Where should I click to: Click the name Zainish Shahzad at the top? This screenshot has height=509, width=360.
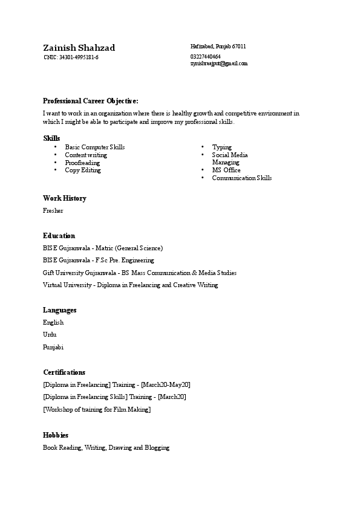pyautogui.click(x=79, y=48)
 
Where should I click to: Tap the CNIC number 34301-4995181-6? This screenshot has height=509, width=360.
pyautogui.click(x=71, y=57)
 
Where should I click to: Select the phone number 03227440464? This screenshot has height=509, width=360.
pyautogui.click(x=205, y=57)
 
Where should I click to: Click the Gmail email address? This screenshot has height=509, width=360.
pyautogui.click(x=219, y=63)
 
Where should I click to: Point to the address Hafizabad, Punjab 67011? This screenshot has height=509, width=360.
pyautogui.click(x=218, y=47)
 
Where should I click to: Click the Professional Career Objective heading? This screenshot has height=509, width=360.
pyautogui.click(x=91, y=101)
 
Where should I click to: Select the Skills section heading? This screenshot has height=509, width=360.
pyautogui.click(x=51, y=138)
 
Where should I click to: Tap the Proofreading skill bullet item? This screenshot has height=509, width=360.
pyautogui.click(x=82, y=163)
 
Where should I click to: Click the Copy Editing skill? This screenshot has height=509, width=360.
pyautogui.click(x=83, y=170)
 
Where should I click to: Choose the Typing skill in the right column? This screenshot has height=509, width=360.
pyautogui.click(x=221, y=148)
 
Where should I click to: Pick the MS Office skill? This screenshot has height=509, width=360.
pyautogui.click(x=226, y=170)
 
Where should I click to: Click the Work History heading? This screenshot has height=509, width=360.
pyautogui.click(x=65, y=198)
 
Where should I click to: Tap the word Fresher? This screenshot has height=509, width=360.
pyautogui.click(x=53, y=211)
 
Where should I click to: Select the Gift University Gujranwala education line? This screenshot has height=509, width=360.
pyautogui.click(x=140, y=273)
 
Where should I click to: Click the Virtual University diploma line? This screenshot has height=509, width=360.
pyautogui.click(x=130, y=285)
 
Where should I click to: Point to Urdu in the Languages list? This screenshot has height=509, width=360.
pyautogui.click(x=50, y=335)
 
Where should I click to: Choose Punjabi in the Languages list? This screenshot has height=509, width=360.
pyautogui.click(x=53, y=348)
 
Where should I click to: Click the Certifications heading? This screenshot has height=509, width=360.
pyautogui.click(x=64, y=372)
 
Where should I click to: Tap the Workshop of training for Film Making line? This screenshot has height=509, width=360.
pyautogui.click(x=97, y=410)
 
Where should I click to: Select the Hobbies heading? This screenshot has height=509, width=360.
pyautogui.click(x=56, y=435)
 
